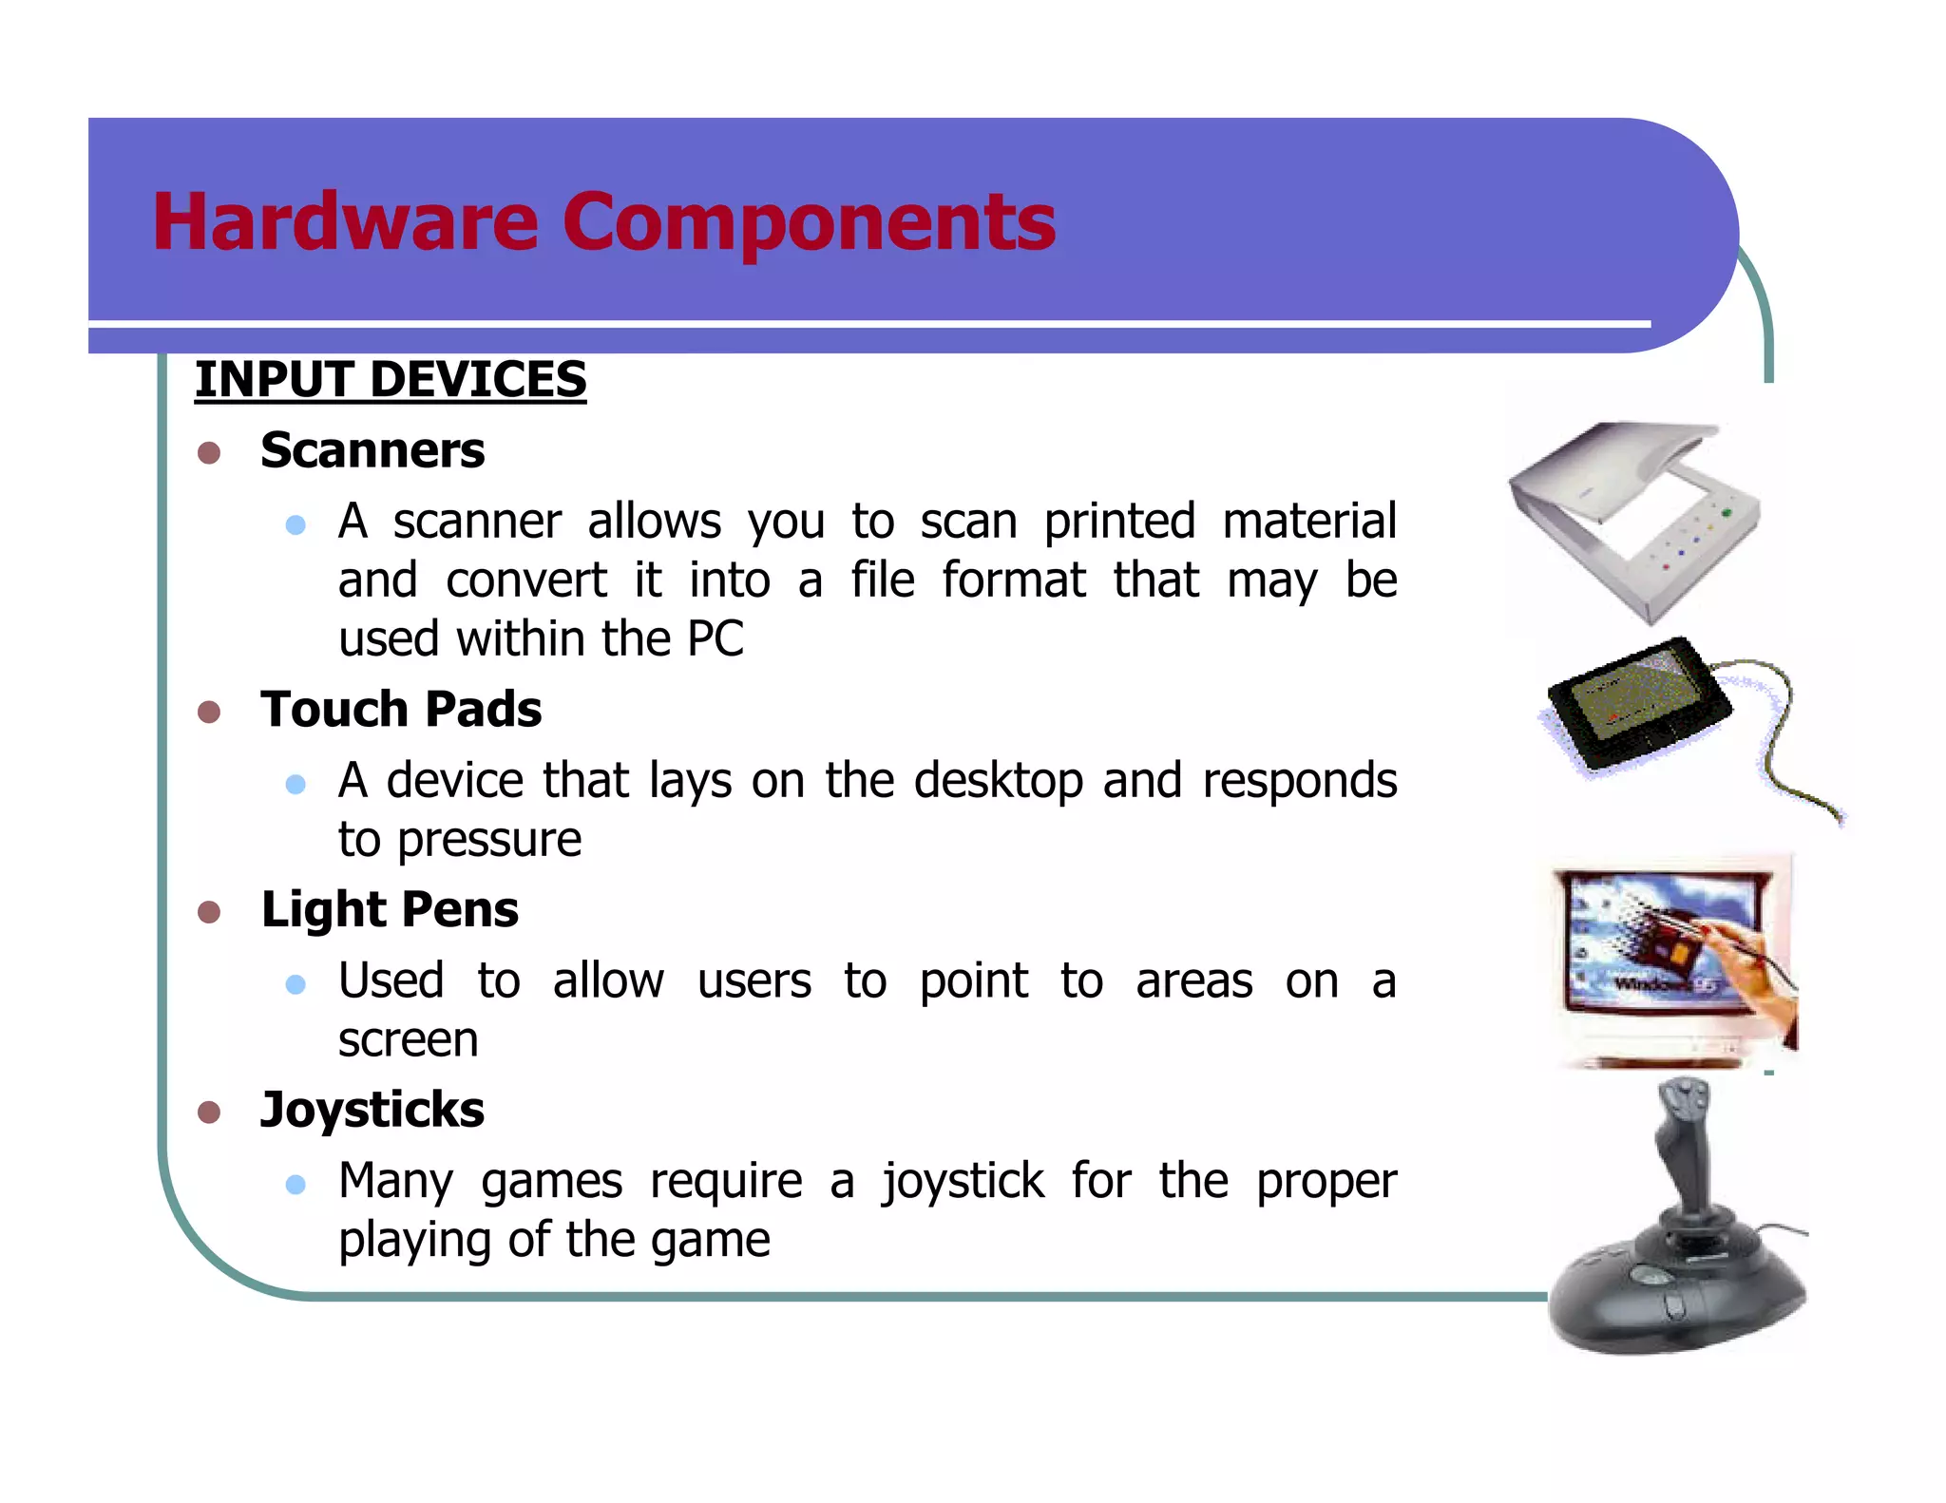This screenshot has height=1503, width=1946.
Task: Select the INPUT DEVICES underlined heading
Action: click(x=391, y=380)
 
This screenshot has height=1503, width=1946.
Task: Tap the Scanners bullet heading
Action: click(x=372, y=450)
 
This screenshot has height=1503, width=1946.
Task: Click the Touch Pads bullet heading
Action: click(x=401, y=710)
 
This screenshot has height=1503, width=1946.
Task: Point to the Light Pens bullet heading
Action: click(x=390, y=910)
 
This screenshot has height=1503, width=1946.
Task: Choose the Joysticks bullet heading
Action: click(x=372, y=1110)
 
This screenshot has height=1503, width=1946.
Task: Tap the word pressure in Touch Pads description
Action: click(x=488, y=841)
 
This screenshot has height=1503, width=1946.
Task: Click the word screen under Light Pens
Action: click(x=408, y=1040)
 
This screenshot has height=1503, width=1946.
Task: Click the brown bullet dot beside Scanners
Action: click(x=209, y=452)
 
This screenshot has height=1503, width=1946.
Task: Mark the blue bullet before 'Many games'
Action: click(x=296, y=1184)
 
